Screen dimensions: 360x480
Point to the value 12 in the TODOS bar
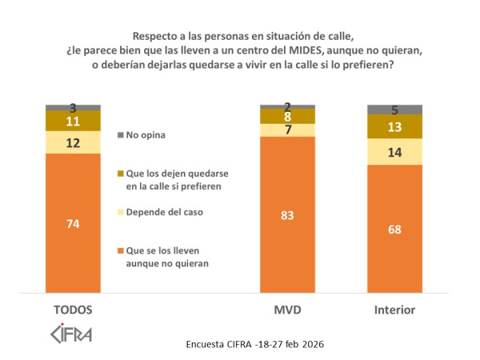73,142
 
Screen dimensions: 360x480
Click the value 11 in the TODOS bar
73,121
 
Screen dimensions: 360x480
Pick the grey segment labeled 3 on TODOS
73,107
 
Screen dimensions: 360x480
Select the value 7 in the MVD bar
288,130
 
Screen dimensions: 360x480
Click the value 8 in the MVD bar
288,116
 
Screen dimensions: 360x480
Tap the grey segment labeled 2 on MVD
288,106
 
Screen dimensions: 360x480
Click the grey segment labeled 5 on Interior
394,110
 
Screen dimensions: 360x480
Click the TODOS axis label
73,310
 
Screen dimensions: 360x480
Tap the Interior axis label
394,310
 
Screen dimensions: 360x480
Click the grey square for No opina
121,135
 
